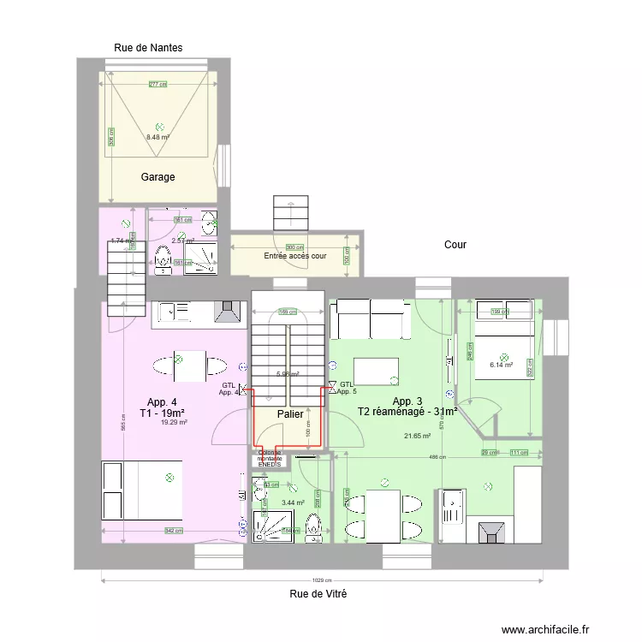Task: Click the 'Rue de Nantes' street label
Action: [x=148, y=48]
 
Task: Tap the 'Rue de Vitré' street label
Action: [x=318, y=593]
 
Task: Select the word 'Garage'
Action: [x=158, y=177]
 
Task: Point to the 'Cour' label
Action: [x=455, y=245]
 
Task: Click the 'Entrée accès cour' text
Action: [x=295, y=256]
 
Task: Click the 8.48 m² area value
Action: [x=158, y=137]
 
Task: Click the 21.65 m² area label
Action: [x=417, y=436]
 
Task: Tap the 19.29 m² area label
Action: [x=174, y=421]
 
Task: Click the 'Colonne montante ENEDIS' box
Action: [x=270, y=460]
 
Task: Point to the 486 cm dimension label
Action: [x=437, y=457]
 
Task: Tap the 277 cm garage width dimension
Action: [x=158, y=84]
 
